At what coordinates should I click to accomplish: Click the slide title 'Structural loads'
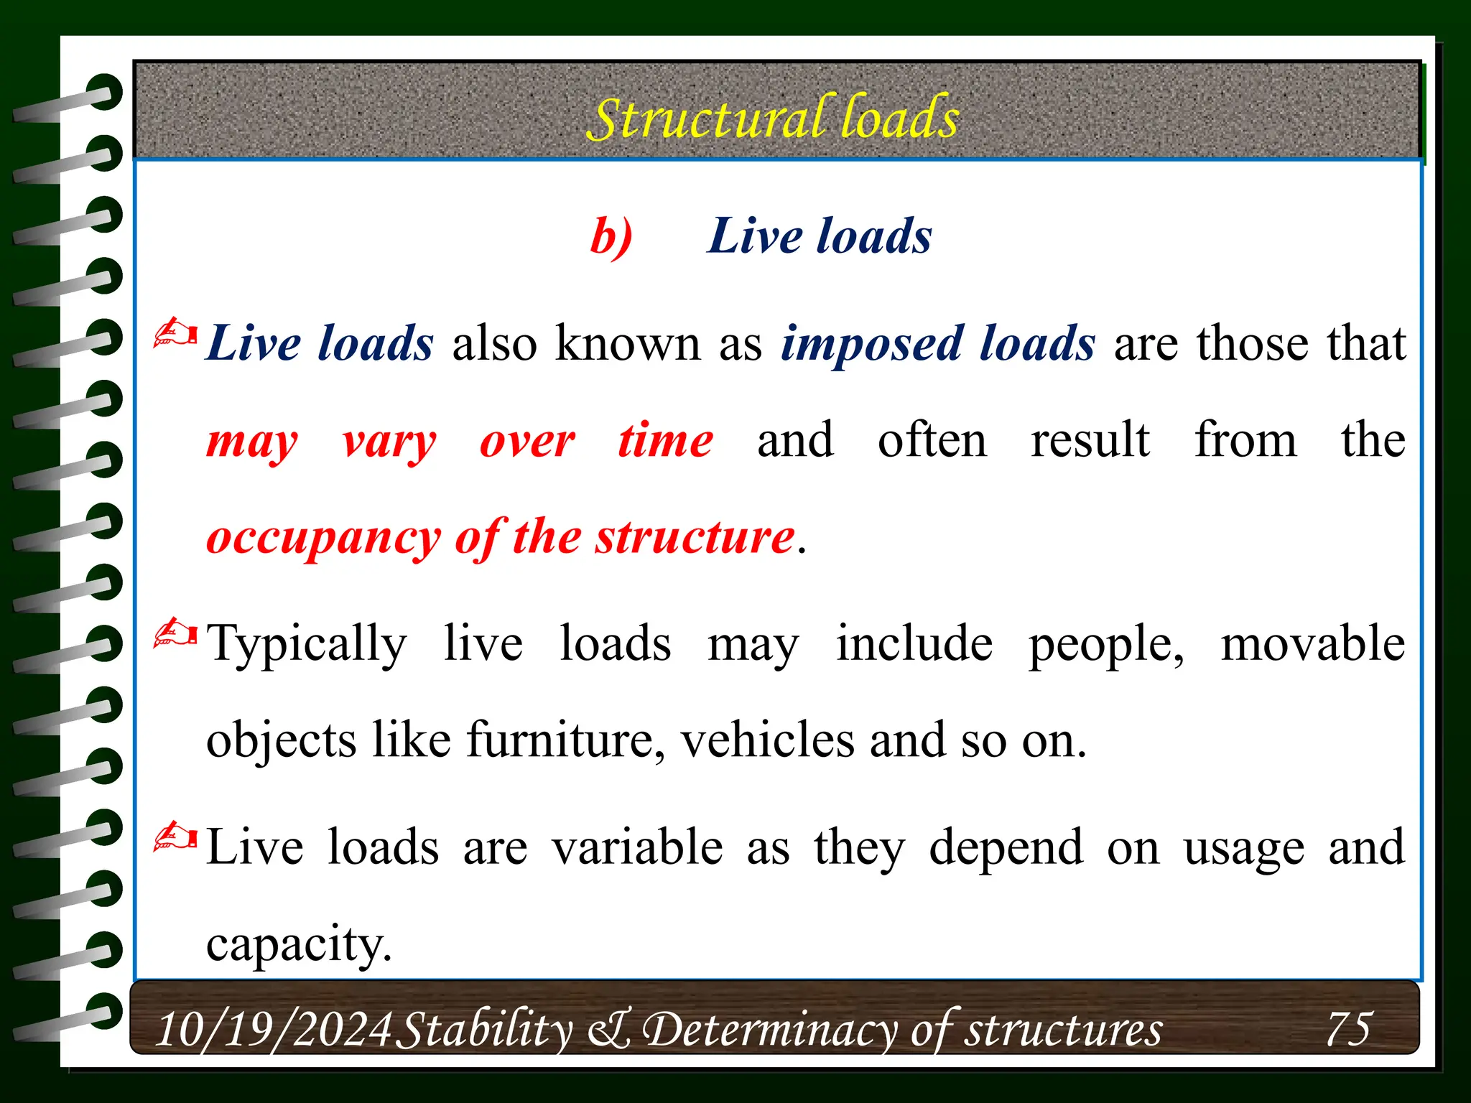(773, 118)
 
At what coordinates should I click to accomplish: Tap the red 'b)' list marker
(611, 236)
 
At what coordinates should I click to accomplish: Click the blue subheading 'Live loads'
(820, 236)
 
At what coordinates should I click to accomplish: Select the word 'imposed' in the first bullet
(872, 344)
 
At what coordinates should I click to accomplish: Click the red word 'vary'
(389, 442)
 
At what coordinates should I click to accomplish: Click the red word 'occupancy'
(323, 539)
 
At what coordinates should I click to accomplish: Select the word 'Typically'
(307, 644)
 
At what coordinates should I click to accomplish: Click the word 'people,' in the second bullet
(1106, 644)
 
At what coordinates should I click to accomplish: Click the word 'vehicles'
(767, 740)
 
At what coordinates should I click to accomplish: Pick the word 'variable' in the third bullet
(637, 847)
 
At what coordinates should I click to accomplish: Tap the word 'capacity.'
(299, 945)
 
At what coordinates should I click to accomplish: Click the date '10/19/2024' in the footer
(274, 1029)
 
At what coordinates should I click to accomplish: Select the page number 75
(1349, 1028)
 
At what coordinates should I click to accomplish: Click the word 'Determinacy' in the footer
(769, 1030)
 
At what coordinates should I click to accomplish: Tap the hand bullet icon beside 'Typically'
(175, 634)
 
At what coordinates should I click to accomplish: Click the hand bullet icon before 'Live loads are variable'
(175, 838)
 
